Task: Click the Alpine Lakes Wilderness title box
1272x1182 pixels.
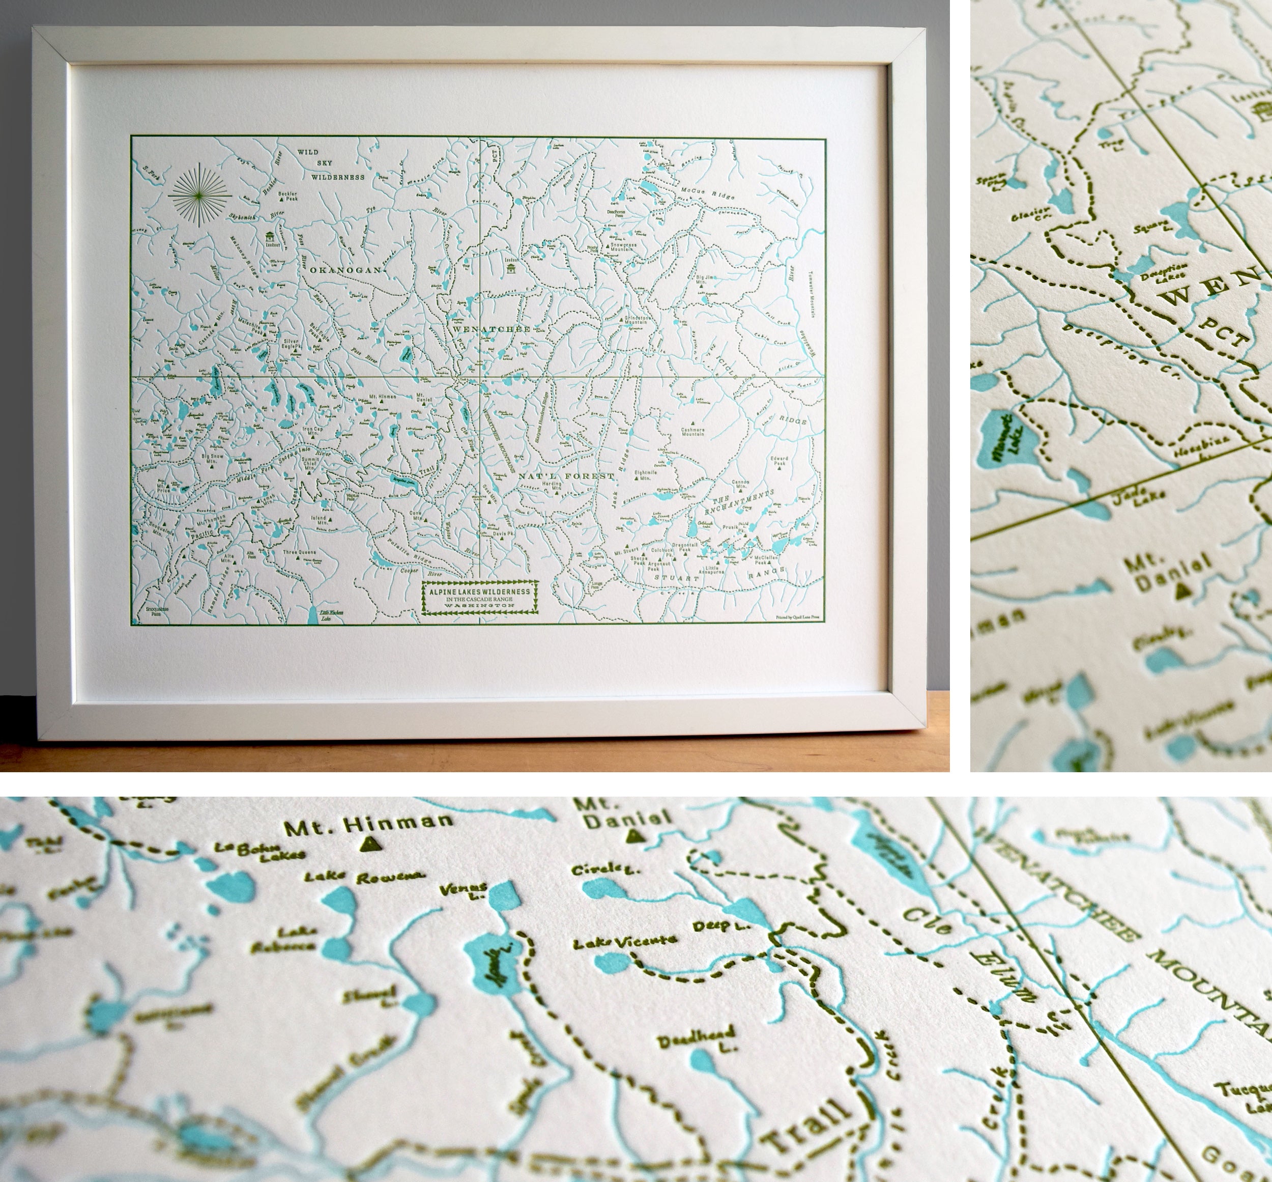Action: (479, 598)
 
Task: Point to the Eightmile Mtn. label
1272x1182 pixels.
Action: (647, 474)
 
